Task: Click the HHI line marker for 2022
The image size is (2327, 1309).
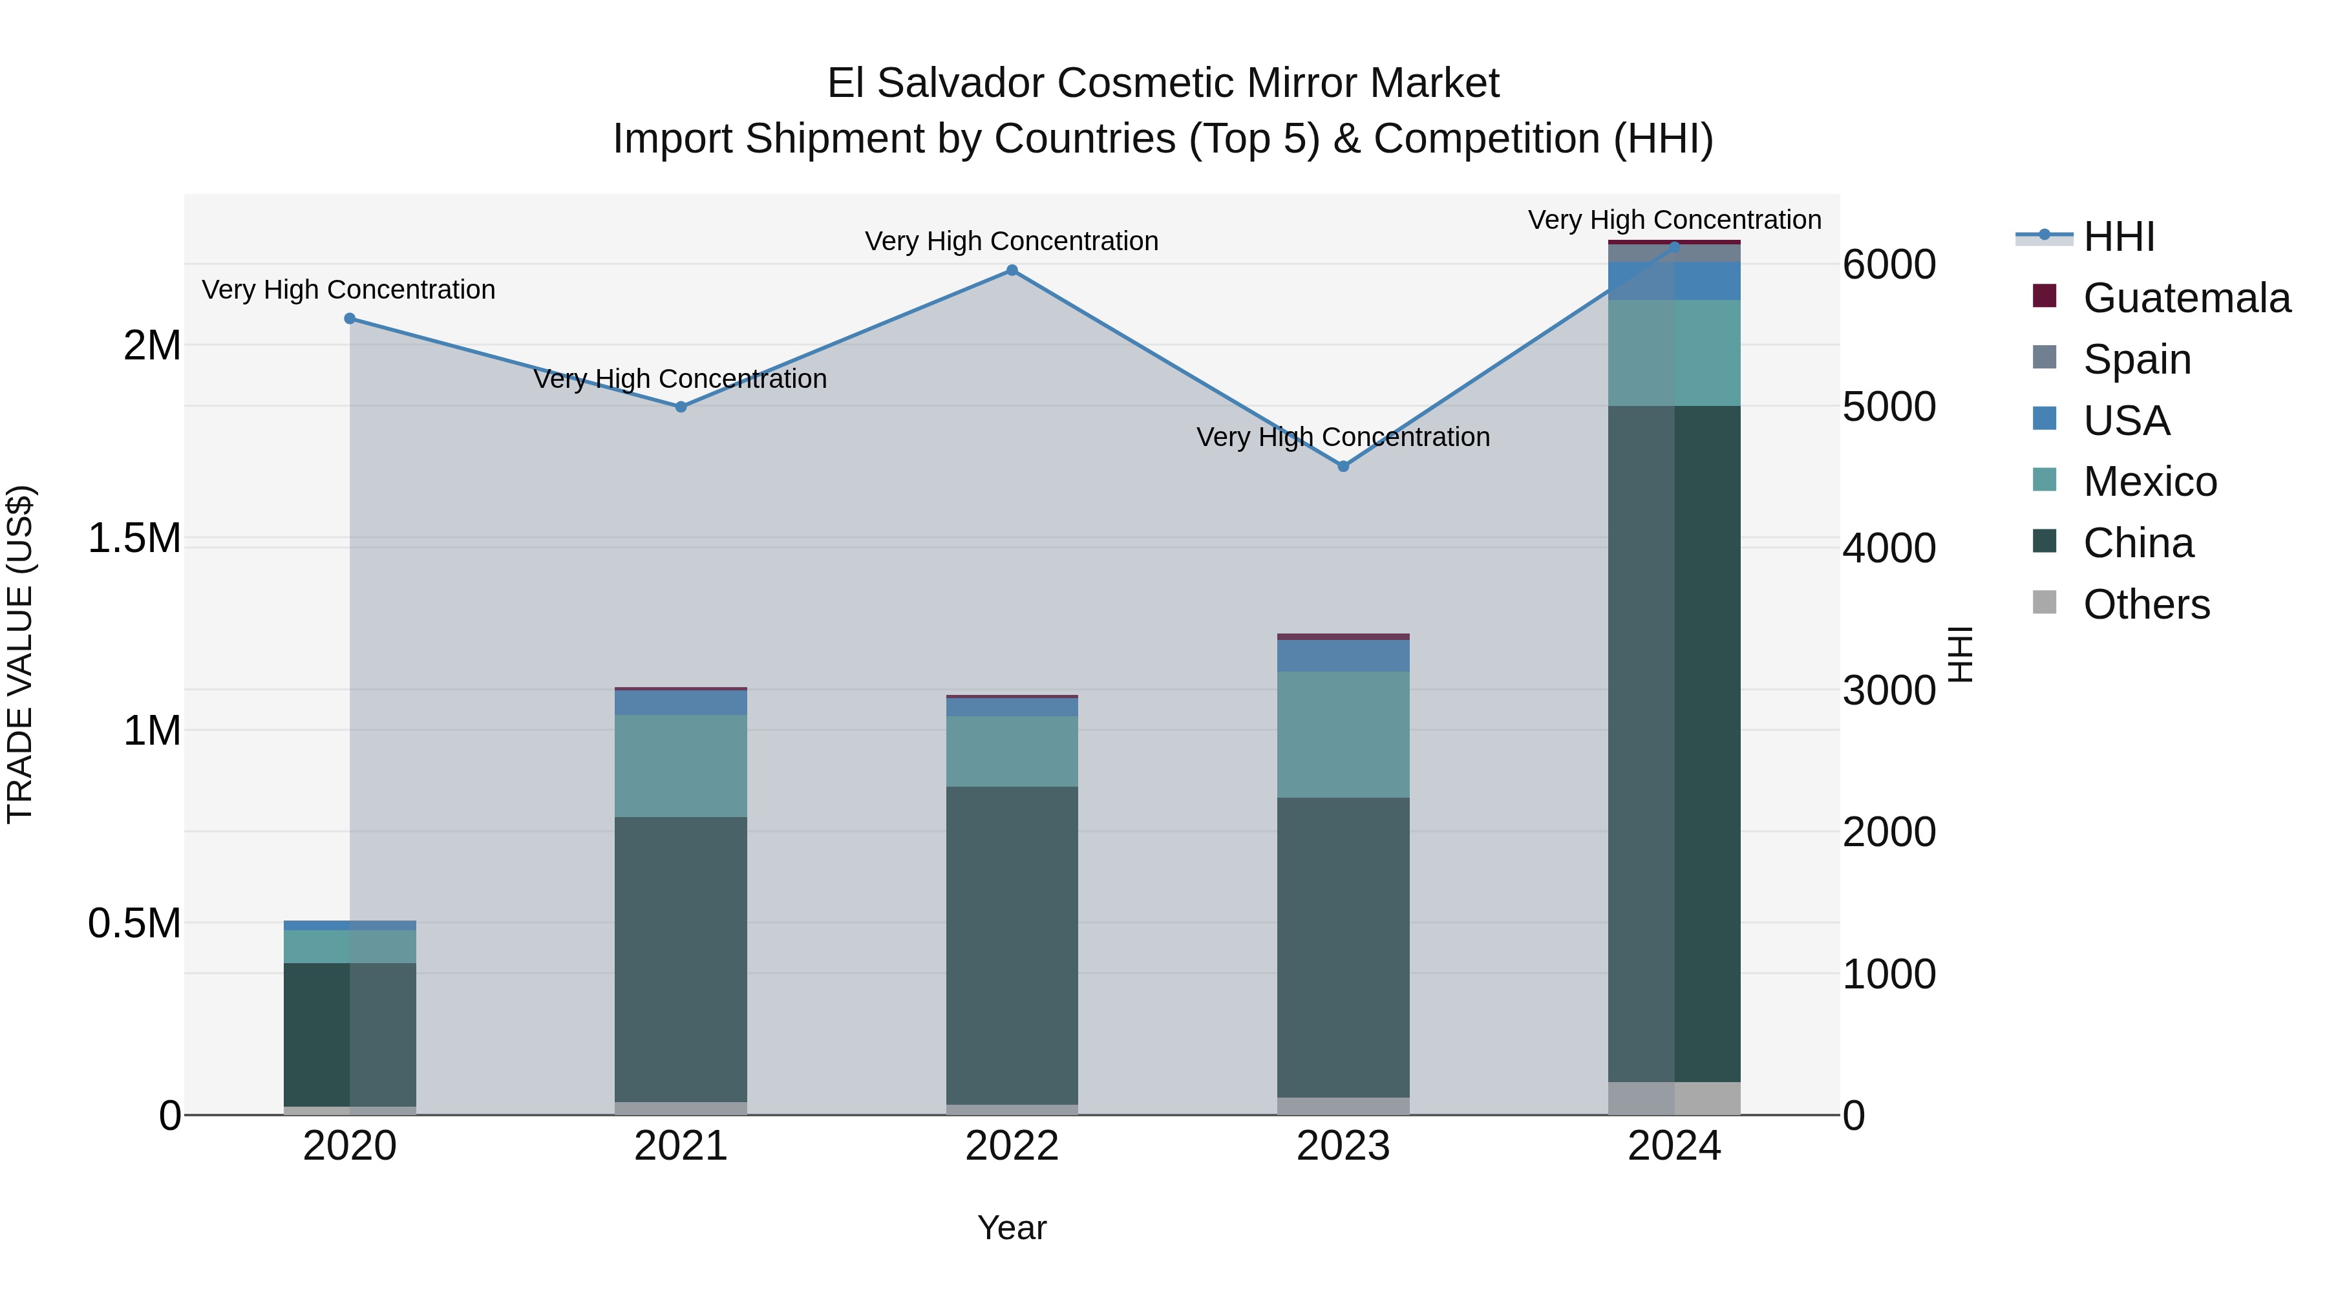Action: pyautogui.click(x=1012, y=270)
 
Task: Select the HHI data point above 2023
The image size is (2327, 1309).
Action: pyautogui.click(x=1343, y=466)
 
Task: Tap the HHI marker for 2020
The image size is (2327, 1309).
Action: pyautogui.click(x=350, y=319)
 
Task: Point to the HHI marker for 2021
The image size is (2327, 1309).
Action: pyautogui.click(x=681, y=407)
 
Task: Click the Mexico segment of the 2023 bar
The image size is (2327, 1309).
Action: pyautogui.click(x=1343, y=734)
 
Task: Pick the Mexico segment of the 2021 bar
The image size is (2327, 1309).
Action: pyautogui.click(x=681, y=766)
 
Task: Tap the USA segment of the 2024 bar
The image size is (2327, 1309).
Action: pyautogui.click(x=1674, y=281)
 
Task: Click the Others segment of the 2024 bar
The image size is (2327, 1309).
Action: pyautogui.click(x=1674, y=1098)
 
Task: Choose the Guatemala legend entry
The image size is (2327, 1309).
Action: pyautogui.click(x=2186, y=298)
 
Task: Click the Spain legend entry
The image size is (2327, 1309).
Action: pyautogui.click(x=2136, y=359)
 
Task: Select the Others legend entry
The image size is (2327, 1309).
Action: pyautogui.click(x=2145, y=604)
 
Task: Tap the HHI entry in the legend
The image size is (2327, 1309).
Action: pyautogui.click(x=2118, y=237)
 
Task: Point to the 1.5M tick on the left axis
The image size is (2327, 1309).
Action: pyautogui.click(x=134, y=538)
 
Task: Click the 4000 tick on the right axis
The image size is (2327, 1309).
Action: pyautogui.click(x=1889, y=548)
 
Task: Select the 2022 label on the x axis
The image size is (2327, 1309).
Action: pyautogui.click(x=1012, y=1146)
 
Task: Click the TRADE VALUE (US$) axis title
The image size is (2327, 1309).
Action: pyautogui.click(x=20, y=654)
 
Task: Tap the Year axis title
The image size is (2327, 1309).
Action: pyautogui.click(x=1012, y=1228)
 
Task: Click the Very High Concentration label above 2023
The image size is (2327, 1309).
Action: pyautogui.click(x=1343, y=437)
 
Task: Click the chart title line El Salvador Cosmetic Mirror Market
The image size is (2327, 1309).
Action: pyautogui.click(x=1163, y=83)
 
